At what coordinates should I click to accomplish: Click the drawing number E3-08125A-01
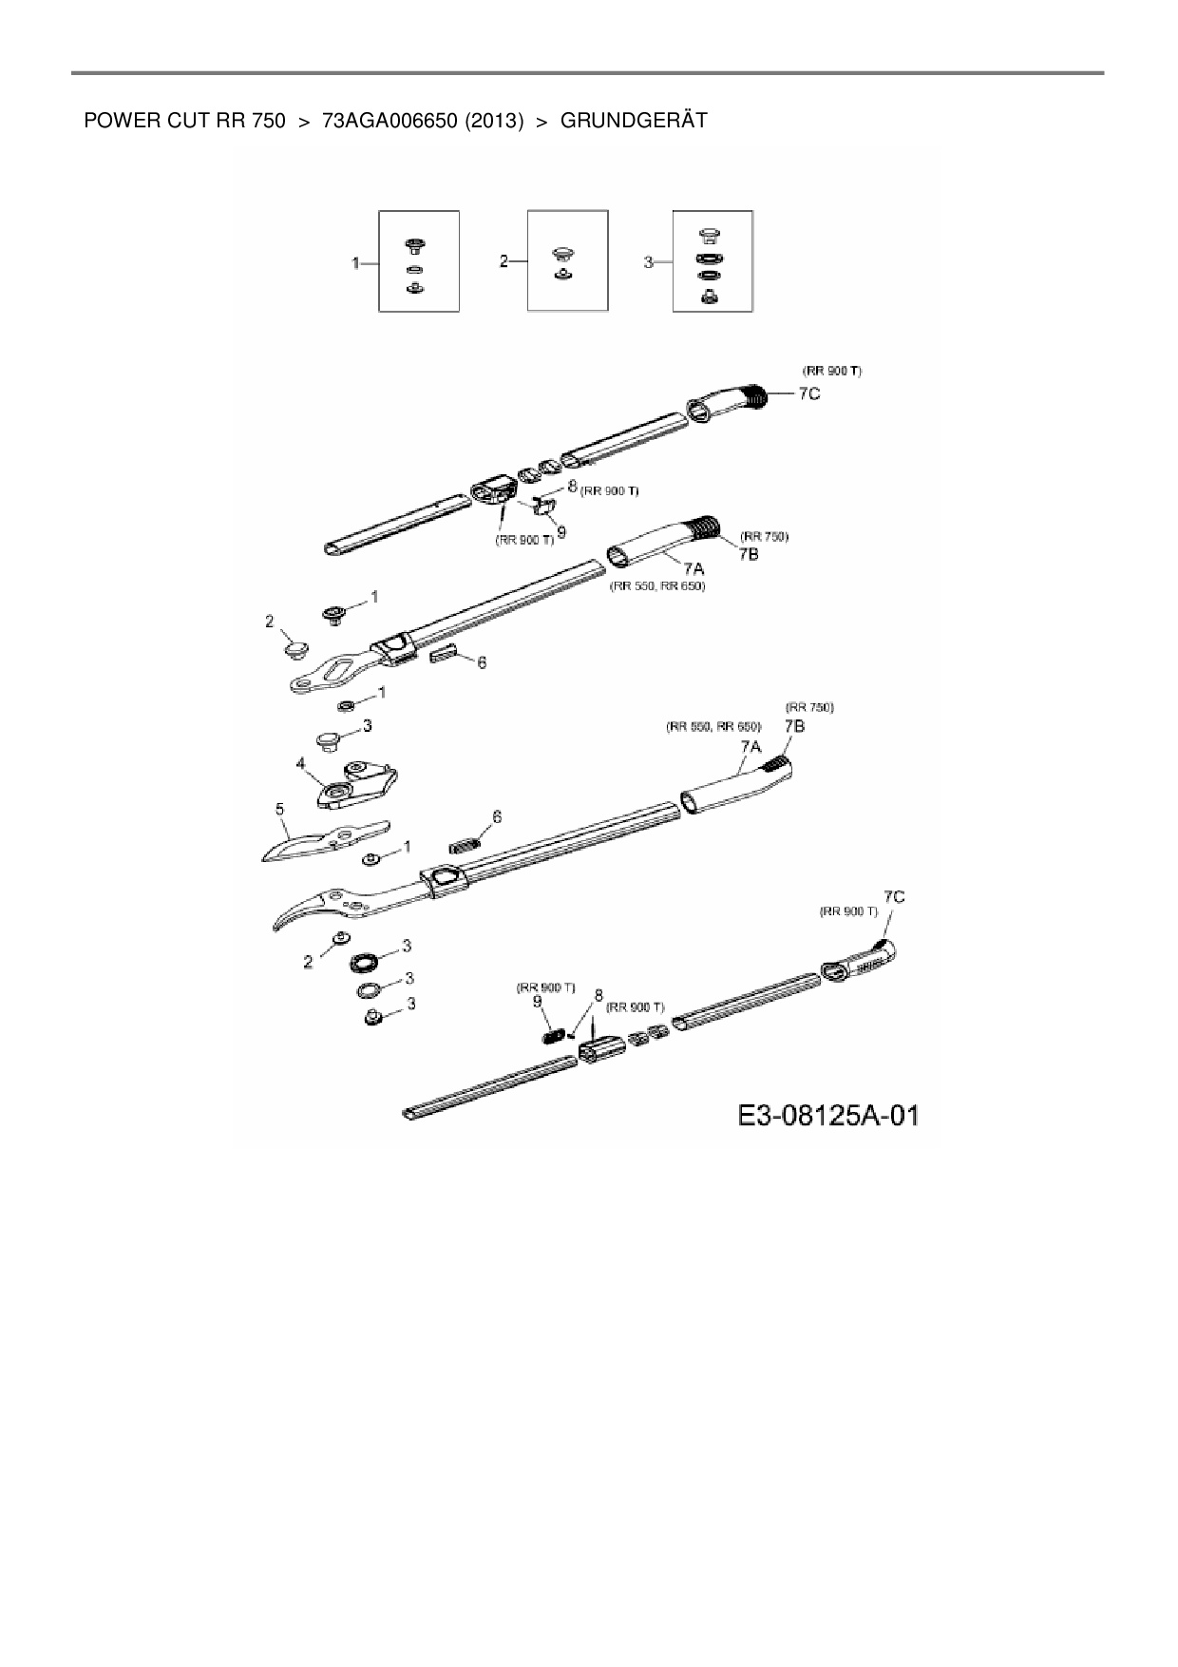pyautogui.click(x=829, y=1115)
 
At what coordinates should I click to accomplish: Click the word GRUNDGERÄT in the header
pyautogui.click(x=634, y=121)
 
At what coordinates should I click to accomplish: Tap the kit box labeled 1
pyautogui.click(x=418, y=261)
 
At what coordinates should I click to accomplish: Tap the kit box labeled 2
pyautogui.click(x=567, y=261)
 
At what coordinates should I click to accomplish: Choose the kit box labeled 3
pyautogui.click(x=712, y=261)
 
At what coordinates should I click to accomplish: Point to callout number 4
pyautogui.click(x=301, y=762)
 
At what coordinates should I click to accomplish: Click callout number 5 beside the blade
pyautogui.click(x=279, y=809)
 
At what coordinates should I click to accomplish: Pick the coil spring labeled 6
pyautogui.click(x=463, y=842)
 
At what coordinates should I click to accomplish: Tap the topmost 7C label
pyautogui.click(x=808, y=393)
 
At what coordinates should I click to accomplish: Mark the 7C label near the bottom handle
pyautogui.click(x=894, y=896)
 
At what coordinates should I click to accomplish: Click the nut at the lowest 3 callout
pyautogui.click(x=372, y=1018)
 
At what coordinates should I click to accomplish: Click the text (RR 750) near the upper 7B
pyautogui.click(x=765, y=536)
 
